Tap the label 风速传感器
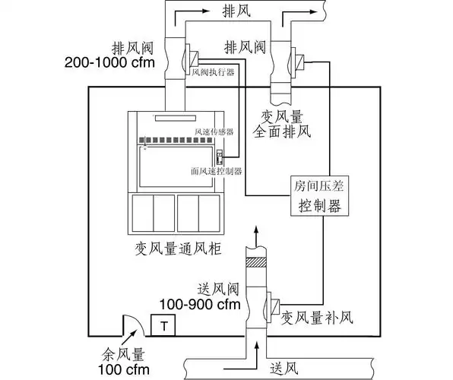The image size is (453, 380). click(x=215, y=131)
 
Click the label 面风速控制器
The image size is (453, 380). click(x=216, y=172)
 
